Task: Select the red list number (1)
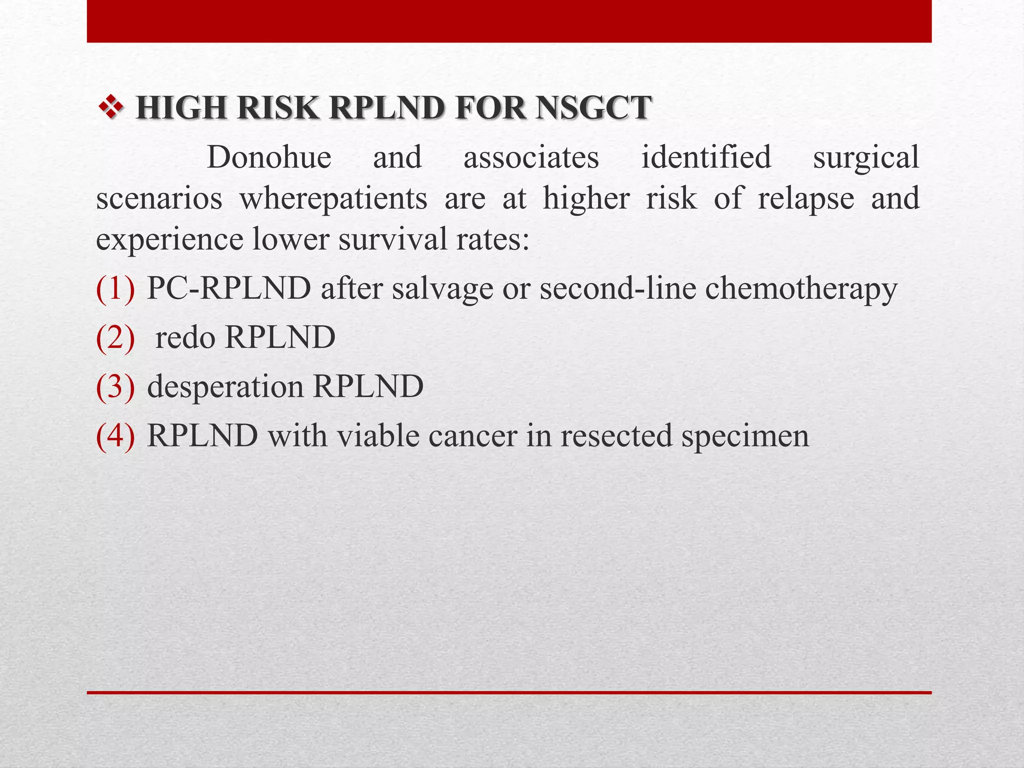coord(115,289)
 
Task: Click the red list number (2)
coord(115,338)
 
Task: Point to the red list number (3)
coord(115,387)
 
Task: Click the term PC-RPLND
coord(229,288)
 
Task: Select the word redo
coord(184,338)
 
